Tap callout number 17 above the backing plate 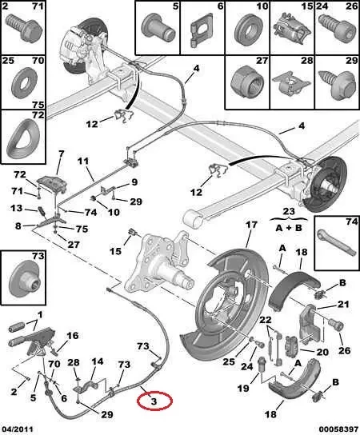point(250,225)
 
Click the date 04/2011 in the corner point(18,428)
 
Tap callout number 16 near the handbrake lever point(73,336)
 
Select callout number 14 point(97,361)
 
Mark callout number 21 point(342,305)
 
